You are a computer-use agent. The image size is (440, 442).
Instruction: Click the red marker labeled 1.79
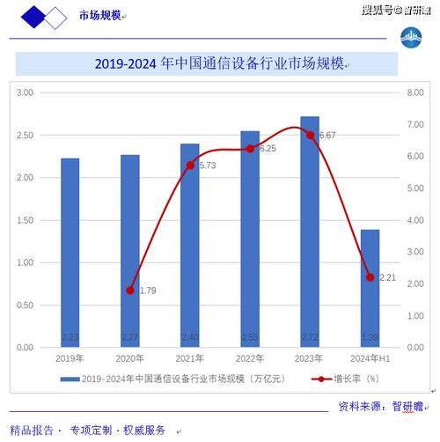[x=130, y=290]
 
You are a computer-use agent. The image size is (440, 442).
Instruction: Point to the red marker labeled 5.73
[x=190, y=165]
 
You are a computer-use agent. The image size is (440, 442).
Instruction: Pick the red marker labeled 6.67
[x=310, y=135]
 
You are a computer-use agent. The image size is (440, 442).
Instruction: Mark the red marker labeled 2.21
[x=370, y=276]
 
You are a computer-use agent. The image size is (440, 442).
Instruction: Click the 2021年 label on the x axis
[x=190, y=358]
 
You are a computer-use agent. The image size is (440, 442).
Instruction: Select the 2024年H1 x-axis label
[x=370, y=358]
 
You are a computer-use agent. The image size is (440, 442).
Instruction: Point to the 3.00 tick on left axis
[x=25, y=92]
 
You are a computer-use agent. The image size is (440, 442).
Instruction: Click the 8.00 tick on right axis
[x=414, y=92]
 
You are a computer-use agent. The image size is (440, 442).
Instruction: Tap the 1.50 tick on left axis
[x=25, y=220]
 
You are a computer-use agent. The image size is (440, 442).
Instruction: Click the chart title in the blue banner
[x=220, y=64]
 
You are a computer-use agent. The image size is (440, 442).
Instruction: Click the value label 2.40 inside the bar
[x=190, y=338]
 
